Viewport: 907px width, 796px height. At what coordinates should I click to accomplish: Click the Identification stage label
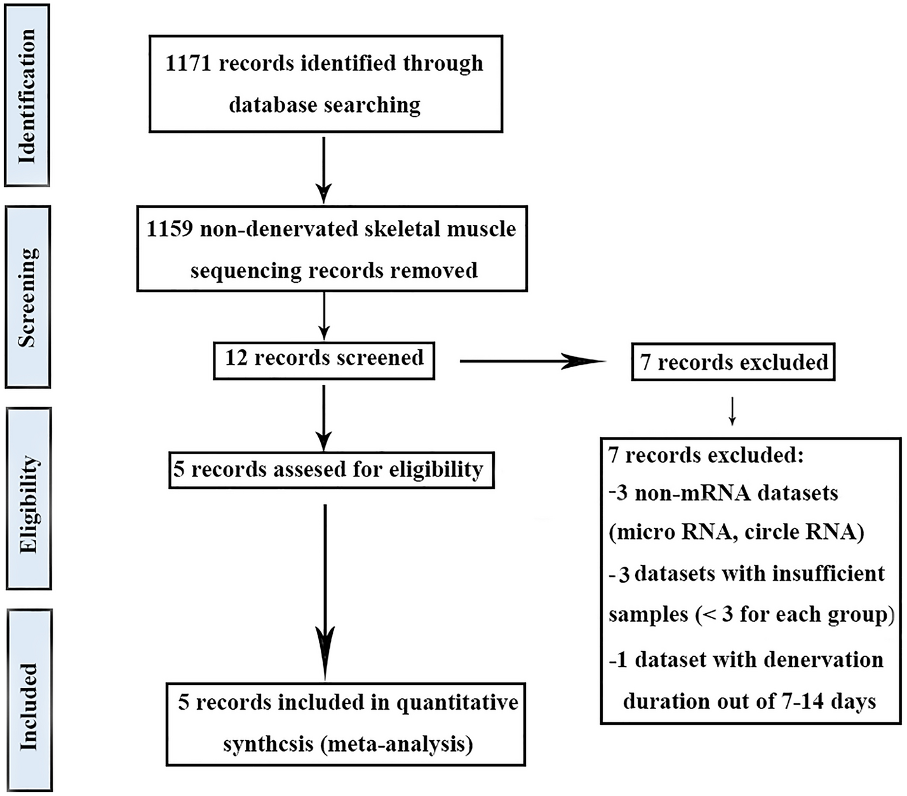[27, 95]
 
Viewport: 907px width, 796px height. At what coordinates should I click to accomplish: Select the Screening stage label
[27, 297]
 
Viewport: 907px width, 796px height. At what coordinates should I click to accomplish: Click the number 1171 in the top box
[188, 64]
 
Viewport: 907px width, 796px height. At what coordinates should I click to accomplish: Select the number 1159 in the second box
[170, 229]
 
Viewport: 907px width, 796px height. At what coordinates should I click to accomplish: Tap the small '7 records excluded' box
[733, 363]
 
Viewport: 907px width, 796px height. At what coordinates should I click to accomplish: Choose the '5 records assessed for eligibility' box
[330, 470]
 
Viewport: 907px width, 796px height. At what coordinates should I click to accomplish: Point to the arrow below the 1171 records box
[324, 168]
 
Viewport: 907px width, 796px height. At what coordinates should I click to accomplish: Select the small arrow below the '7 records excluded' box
[732, 411]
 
